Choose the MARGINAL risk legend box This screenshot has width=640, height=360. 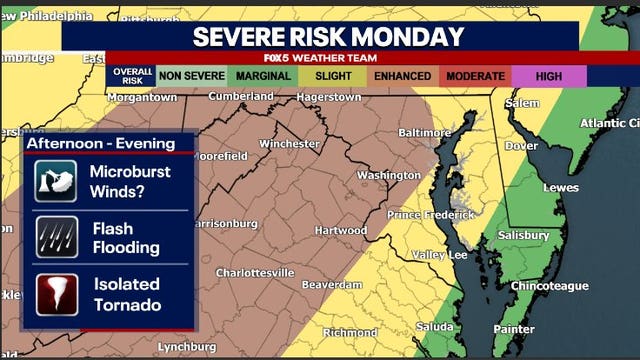[263, 76]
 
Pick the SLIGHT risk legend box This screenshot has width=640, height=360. [334, 76]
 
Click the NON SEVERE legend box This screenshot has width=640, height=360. [192, 76]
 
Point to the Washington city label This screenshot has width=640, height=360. [389, 175]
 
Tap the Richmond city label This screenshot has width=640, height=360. [350, 332]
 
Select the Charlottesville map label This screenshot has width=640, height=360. [255, 272]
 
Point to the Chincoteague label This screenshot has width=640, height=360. [549, 286]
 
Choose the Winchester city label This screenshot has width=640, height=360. [289, 143]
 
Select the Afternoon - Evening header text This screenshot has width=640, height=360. [100, 144]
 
